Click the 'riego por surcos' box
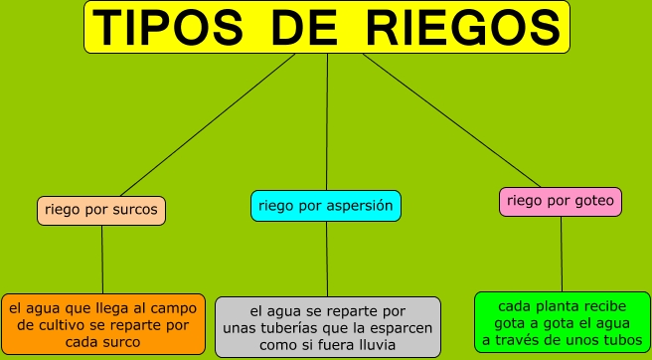[102, 211]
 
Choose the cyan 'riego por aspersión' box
[326, 206]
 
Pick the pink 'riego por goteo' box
[561, 202]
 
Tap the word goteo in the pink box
[593, 202]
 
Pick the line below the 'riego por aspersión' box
[327, 259]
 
